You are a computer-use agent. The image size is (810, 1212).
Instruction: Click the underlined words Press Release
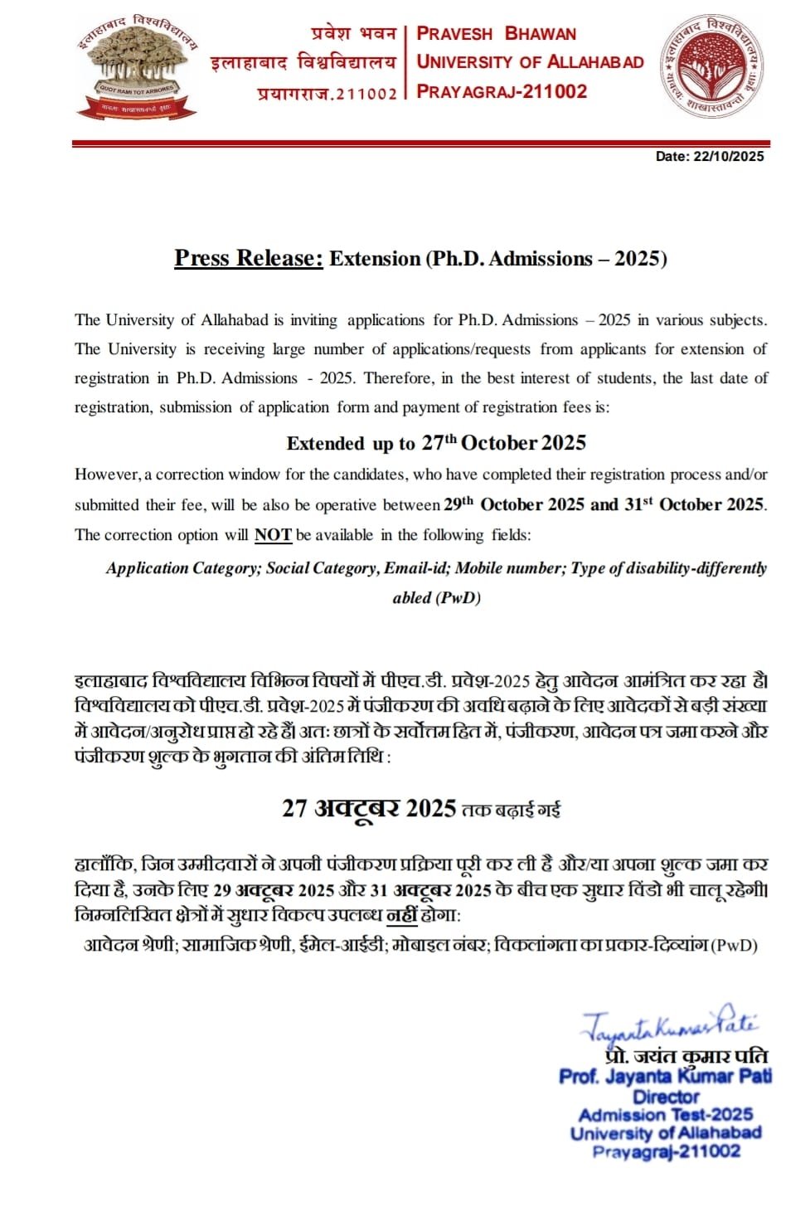click(x=248, y=258)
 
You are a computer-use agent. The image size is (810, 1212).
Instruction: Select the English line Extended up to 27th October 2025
click(x=436, y=443)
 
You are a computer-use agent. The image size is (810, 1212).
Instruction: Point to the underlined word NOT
click(x=273, y=535)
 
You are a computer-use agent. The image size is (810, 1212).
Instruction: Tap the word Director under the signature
click(x=666, y=1096)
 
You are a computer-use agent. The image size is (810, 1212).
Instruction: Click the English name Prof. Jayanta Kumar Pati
click(x=665, y=1076)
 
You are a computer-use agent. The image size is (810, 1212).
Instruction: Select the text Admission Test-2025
click(x=665, y=1114)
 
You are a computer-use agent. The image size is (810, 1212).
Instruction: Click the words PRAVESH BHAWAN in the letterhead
click(x=496, y=34)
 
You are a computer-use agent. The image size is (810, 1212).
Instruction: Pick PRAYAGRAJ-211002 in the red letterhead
click(x=502, y=91)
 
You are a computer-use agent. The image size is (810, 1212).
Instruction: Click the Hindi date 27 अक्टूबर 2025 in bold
click(x=369, y=808)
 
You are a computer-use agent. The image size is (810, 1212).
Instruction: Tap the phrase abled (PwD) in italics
click(x=436, y=597)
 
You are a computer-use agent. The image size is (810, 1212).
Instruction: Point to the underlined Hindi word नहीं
click(x=402, y=915)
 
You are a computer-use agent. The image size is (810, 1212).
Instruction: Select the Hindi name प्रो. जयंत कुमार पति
click(x=686, y=1056)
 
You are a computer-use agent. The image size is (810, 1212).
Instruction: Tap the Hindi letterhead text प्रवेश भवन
click(x=353, y=34)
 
